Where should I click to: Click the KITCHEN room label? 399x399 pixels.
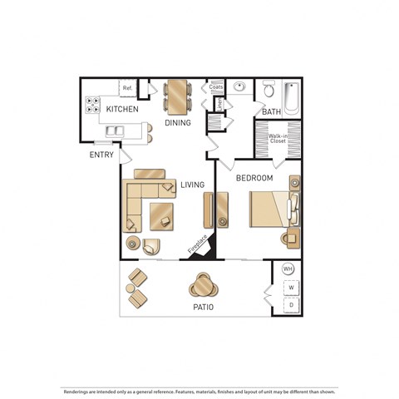click(121, 109)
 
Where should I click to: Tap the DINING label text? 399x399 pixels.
click(178, 123)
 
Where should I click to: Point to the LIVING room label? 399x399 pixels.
click(192, 185)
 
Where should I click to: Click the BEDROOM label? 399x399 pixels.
click(254, 178)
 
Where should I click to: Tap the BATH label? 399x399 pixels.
click(271, 111)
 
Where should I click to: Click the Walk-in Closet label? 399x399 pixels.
click(277, 139)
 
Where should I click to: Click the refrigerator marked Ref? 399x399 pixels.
click(127, 88)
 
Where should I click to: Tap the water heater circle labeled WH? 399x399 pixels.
click(288, 269)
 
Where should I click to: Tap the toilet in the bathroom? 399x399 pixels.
click(268, 90)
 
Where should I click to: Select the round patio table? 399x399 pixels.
click(203, 286)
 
